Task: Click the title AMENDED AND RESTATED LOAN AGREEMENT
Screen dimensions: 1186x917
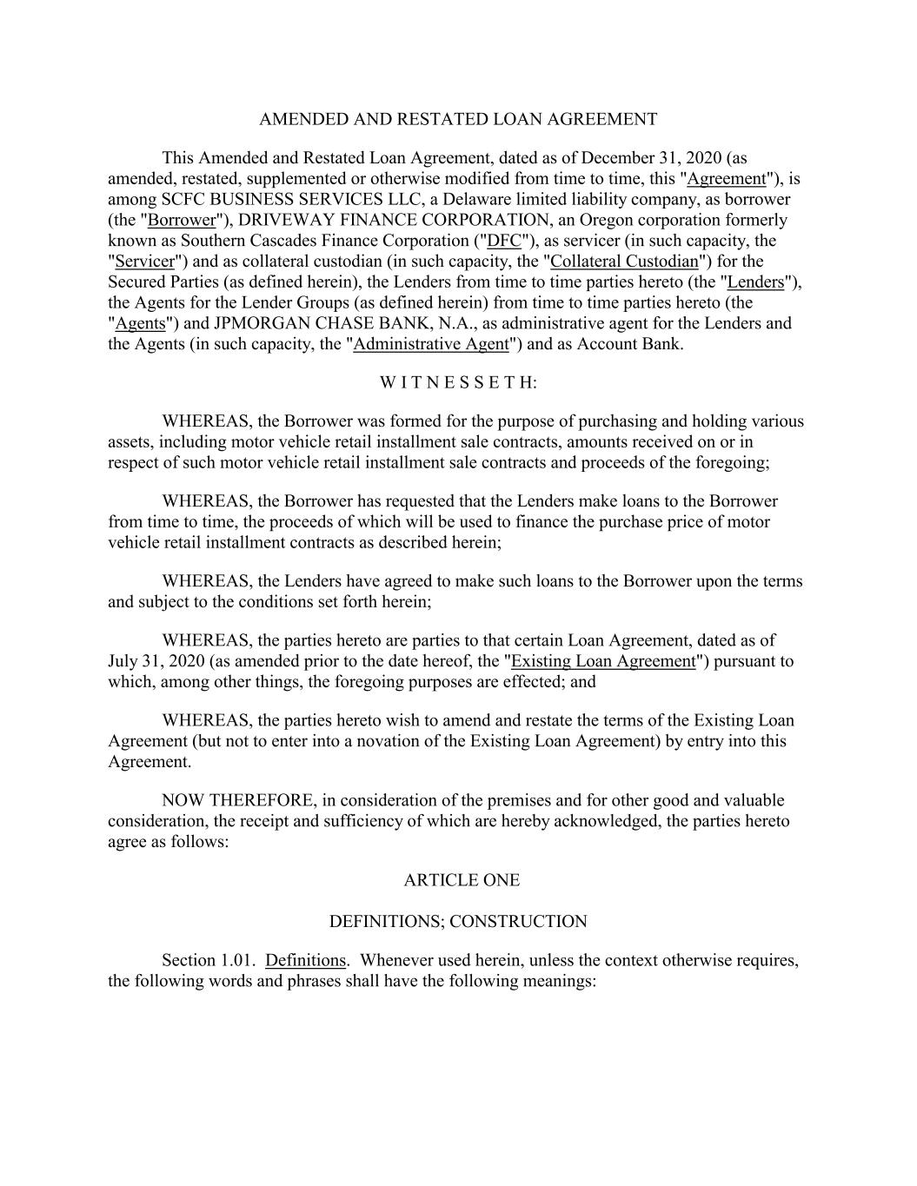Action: (458, 119)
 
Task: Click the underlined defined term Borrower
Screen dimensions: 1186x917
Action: (182, 220)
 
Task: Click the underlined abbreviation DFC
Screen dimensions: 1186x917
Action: (504, 241)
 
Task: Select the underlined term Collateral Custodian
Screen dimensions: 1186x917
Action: (624, 262)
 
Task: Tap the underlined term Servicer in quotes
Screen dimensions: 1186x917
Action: (144, 262)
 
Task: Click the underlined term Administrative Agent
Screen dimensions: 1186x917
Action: (430, 344)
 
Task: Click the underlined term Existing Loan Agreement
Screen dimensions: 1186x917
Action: (603, 661)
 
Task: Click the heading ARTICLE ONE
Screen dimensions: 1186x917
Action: (462, 880)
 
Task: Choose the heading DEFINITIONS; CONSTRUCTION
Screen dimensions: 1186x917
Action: (458, 922)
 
